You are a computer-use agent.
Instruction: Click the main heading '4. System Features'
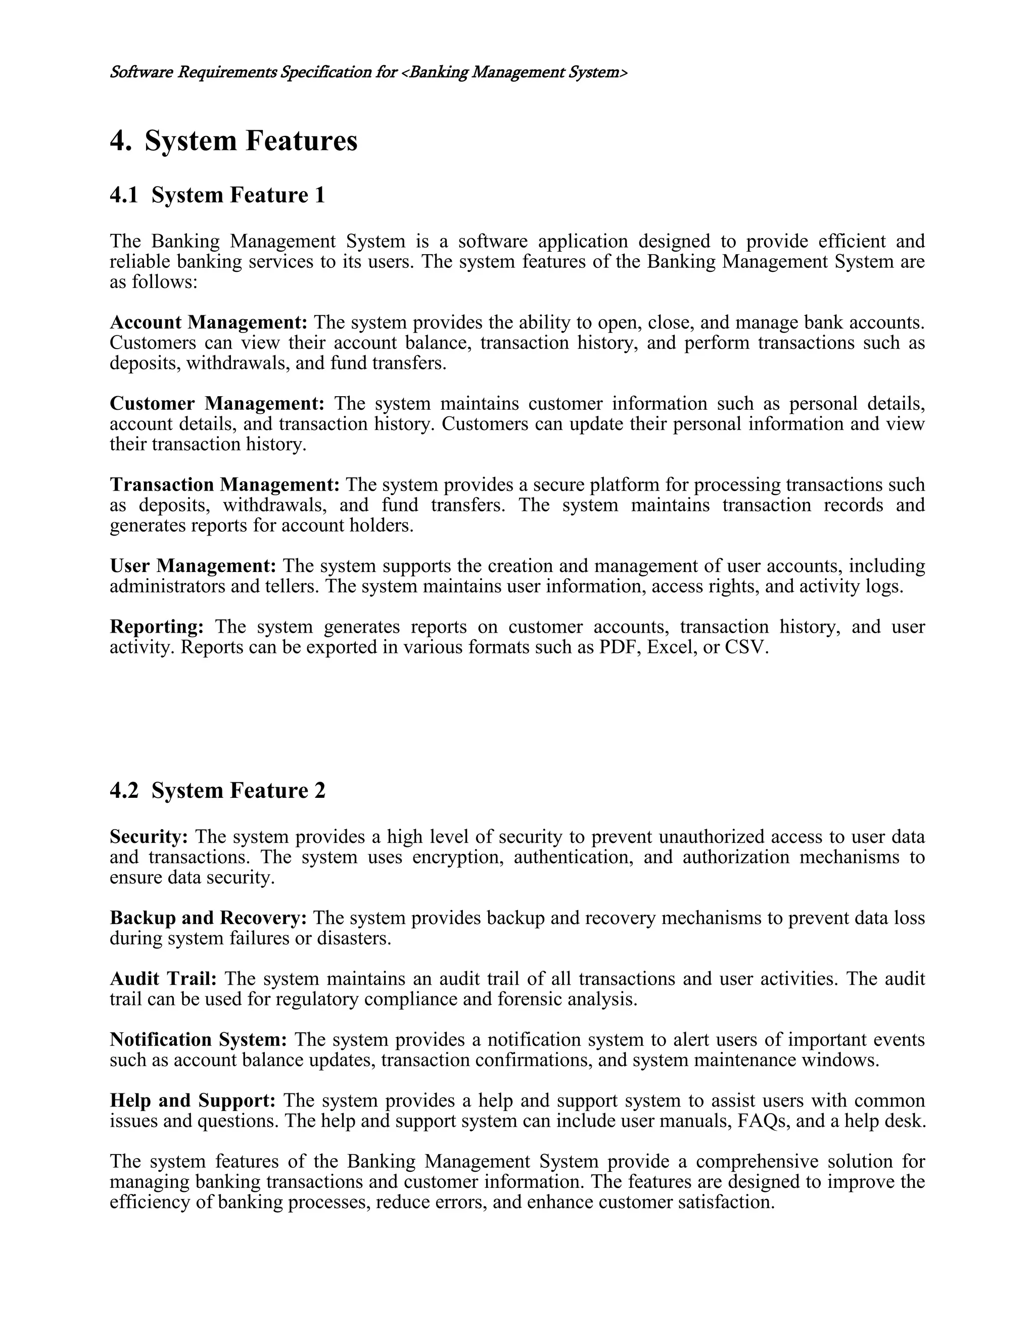coord(233,141)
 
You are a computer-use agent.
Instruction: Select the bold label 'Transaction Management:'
coord(224,485)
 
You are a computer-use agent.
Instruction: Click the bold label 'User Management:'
coord(193,565)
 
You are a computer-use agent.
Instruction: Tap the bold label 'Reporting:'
coord(156,627)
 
